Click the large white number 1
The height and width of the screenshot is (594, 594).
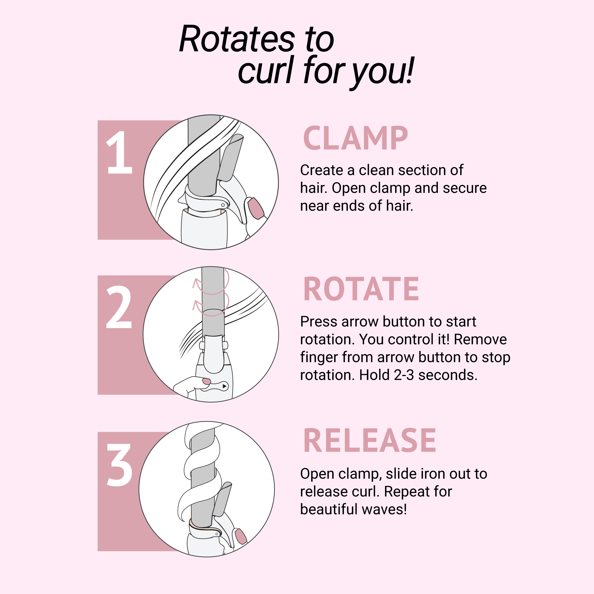pyautogui.click(x=119, y=152)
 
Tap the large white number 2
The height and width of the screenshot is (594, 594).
pyautogui.click(x=119, y=307)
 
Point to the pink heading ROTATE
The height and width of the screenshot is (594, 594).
pyautogui.click(x=361, y=289)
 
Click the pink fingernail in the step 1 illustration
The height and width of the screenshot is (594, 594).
pyautogui.click(x=256, y=208)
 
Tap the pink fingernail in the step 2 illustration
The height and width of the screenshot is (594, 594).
pyautogui.click(x=206, y=381)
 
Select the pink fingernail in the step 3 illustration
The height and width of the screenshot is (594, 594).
pyautogui.click(x=240, y=536)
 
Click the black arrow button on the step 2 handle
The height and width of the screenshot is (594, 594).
pyautogui.click(x=224, y=386)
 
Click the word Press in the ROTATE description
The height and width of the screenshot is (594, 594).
pyautogui.click(x=319, y=322)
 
